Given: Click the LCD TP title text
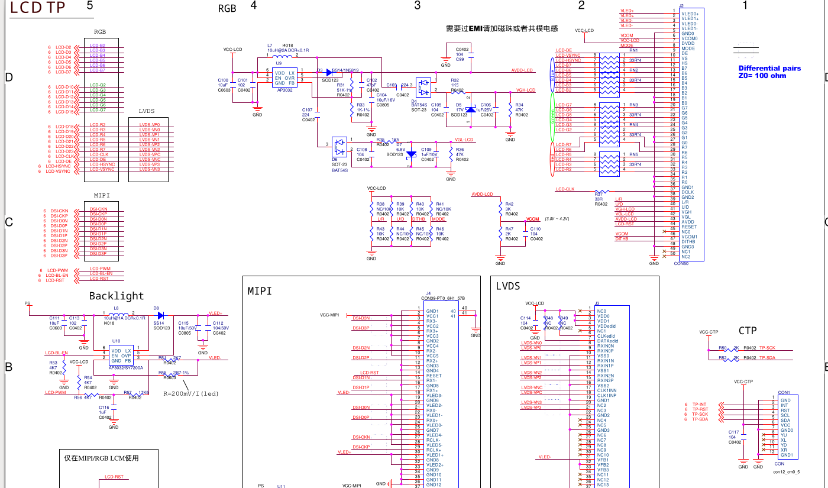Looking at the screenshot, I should tap(38, 8).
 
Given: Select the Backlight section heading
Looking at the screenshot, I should tap(117, 296).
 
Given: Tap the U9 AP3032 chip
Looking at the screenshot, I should tap(284, 77).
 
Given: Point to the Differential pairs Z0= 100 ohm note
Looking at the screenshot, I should tap(769, 72).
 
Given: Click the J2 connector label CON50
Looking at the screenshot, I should tap(681, 263).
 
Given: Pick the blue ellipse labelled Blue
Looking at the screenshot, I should tap(553, 75).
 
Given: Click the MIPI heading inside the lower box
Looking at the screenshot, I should tap(260, 291).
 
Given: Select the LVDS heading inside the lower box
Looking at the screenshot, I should tap(508, 286).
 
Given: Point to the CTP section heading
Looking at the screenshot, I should tap(748, 331).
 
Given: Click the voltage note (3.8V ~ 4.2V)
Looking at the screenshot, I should tap(557, 219).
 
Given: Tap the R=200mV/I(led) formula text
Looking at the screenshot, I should tap(191, 393).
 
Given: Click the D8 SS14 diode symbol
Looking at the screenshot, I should tap(160, 315).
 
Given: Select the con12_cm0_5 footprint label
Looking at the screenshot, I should tap(787, 471).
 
